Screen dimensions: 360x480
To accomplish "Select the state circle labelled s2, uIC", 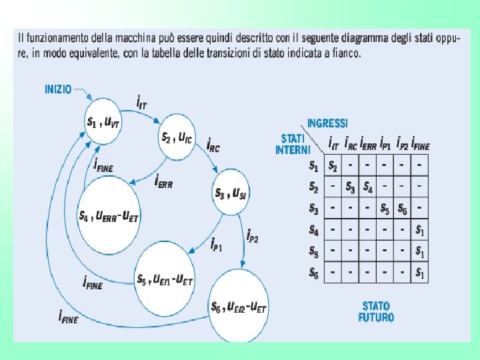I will click(x=177, y=137).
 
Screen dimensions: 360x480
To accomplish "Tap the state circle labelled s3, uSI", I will click(x=230, y=193).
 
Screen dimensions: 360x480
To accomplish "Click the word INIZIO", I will click(x=58, y=88).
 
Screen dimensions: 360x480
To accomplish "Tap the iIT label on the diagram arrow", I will click(x=142, y=104).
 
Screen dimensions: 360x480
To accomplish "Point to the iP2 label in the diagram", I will click(x=253, y=235).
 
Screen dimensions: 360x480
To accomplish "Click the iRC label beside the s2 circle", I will click(x=213, y=145).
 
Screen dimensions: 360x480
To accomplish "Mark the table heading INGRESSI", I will click(x=327, y=123).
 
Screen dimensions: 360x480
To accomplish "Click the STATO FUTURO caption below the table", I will click(x=377, y=312).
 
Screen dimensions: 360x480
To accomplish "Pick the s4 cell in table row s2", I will click(x=368, y=187).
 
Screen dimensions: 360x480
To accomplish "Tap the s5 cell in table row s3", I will click(x=385, y=208).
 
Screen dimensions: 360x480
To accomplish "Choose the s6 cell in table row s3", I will click(x=402, y=208).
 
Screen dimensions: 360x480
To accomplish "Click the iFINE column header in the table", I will click(x=421, y=144).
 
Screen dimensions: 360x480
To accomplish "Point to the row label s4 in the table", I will click(x=314, y=230).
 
